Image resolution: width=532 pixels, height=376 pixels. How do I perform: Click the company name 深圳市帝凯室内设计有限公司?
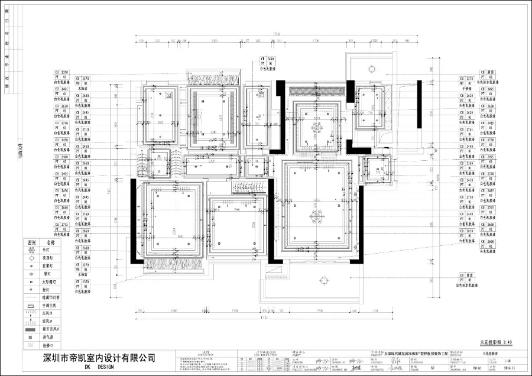click(x=97, y=358)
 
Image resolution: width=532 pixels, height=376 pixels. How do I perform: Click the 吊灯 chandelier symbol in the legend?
click(x=30, y=250)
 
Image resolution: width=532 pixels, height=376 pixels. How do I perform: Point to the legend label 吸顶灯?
click(x=49, y=258)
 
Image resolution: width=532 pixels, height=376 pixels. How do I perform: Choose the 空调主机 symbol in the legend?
click(x=30, y=306)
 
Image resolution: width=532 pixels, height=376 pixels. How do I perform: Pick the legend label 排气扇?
click(x=49, y=336)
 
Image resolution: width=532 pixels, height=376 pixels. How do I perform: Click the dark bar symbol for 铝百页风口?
click(x=30, y=329)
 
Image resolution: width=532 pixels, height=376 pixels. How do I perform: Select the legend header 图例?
click(x=30, y=242)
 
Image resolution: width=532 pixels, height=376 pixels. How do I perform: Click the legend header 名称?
click(x=50, y=242)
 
